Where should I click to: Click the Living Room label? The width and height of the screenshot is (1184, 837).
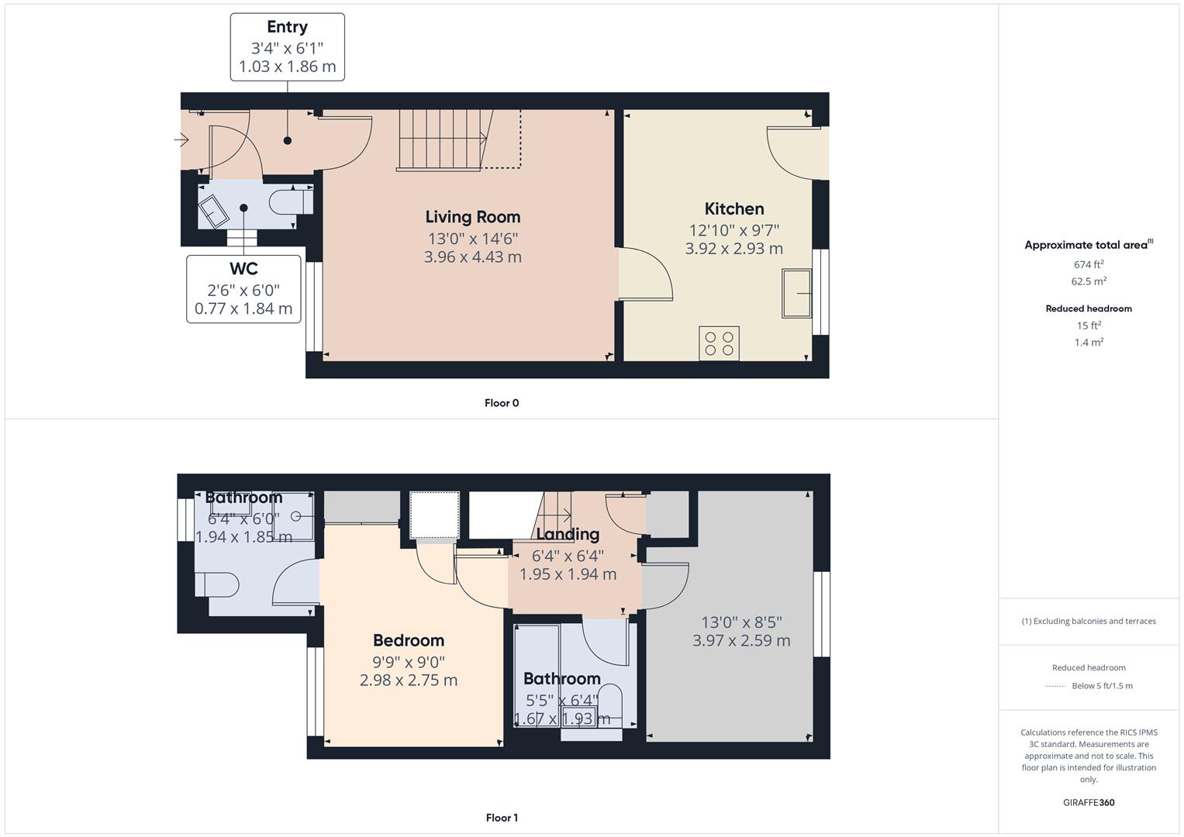pos(472,217)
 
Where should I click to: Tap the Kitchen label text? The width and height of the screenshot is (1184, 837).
pos(734,208)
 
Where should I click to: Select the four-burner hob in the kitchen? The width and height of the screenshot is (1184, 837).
pos(719,343)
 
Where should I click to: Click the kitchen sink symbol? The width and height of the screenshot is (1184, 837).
pos(796,293)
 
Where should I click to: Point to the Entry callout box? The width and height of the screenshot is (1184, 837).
pos(287,46)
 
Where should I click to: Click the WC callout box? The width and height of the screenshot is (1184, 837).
pos(243,288)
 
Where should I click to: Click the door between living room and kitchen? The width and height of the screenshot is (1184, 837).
pos(644,275)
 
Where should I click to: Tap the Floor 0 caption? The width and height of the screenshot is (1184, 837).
pos(502,403)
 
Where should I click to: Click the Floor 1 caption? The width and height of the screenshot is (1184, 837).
pos(502,818)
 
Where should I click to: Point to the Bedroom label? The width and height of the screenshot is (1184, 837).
pos(409,640)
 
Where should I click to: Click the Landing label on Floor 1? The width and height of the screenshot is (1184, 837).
pos(568,534)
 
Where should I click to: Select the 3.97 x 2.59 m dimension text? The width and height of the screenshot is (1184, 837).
pos(741,641)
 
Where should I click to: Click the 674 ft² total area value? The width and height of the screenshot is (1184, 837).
pos(1089,264)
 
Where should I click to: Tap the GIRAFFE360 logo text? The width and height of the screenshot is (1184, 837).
pos(1089,802)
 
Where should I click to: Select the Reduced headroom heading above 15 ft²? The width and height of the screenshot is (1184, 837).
pos(1089,308)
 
